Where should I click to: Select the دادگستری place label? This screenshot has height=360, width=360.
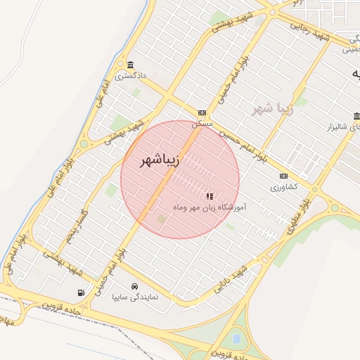click(130, 75)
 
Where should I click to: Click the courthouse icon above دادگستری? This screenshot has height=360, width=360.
click(130, 65)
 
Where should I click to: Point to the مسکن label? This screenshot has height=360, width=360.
click(202, 122)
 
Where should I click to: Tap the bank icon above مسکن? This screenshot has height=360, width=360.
click(202, 112)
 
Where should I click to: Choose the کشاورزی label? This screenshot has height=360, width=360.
click(284, 187)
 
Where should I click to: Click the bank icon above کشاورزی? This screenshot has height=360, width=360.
click(283, 176)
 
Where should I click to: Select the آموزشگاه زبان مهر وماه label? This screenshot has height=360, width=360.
click(209, 207)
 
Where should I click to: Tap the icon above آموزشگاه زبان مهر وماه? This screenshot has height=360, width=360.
click(209, 196)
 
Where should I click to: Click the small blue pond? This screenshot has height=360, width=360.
click(236, 339)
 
